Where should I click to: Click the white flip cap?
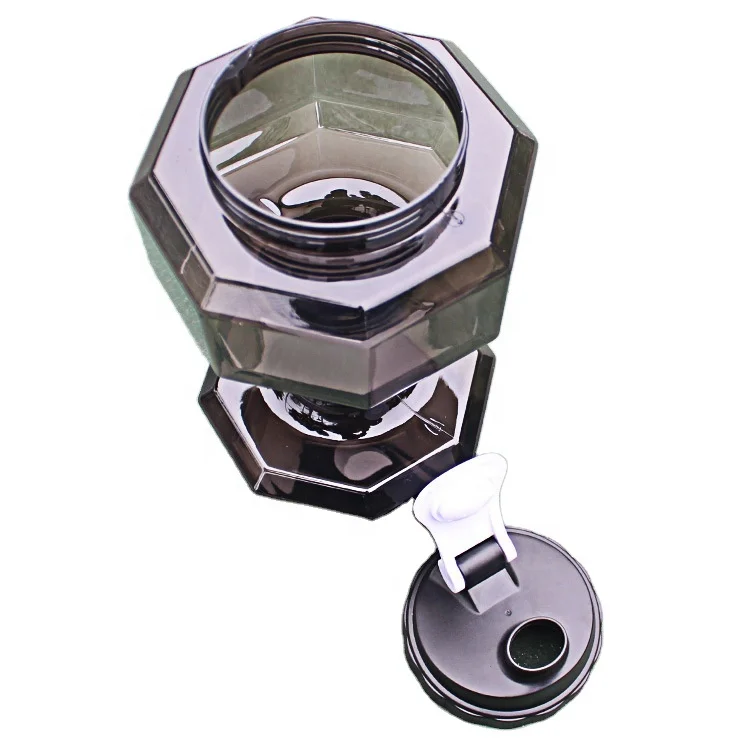(461, 505)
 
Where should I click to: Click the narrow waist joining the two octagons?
(330, 400)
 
